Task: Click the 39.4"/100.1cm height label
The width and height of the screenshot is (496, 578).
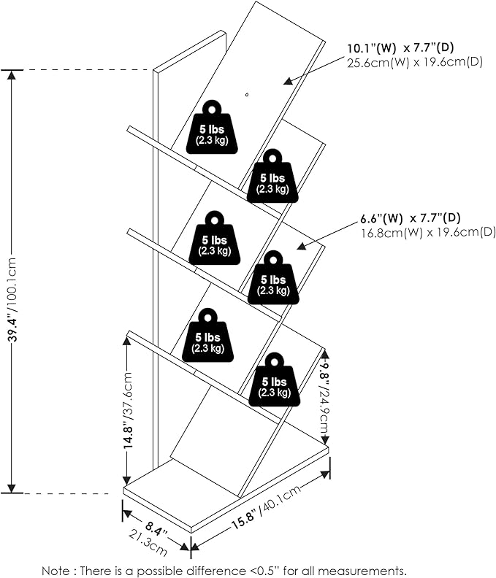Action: point(12,280)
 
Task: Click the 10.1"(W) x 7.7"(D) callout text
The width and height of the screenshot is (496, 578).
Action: point(405,50)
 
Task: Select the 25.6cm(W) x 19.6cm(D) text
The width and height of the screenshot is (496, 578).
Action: point(414,63)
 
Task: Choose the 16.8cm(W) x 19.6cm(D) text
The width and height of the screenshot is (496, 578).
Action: point(427,232)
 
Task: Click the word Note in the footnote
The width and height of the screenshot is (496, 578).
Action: point(55,570)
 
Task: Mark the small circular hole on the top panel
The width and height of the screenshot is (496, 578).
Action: point(247,95)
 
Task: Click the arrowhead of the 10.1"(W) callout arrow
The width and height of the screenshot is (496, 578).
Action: point(287,80)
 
